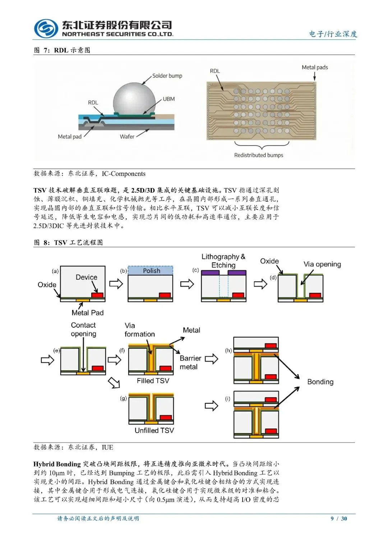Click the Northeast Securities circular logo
click(x=46, y=29)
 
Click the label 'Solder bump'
click(x=167, y=76)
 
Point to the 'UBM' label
click(x=168, y=99)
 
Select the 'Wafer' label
click(x=127, y=137)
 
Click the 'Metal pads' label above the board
click(x=315, y=67)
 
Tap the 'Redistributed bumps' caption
click(x=258, y=155)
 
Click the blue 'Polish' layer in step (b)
click(x=151, y=271)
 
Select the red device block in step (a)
click(x=97, y=295)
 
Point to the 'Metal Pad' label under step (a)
click(x=87, y=313)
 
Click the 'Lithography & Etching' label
click(x=223, y=261)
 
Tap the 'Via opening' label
click(x=322, y=264)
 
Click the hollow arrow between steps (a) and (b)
click(x=116, y=284)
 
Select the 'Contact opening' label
click(x=83, y=329)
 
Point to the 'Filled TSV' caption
click(x=153, y=381)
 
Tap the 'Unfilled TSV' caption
click(x=154, y=430)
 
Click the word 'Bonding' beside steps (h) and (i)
click(x=320, y=382)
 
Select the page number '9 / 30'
click(x=339, y=518)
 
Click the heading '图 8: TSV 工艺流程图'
click(x=68, y=243)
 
